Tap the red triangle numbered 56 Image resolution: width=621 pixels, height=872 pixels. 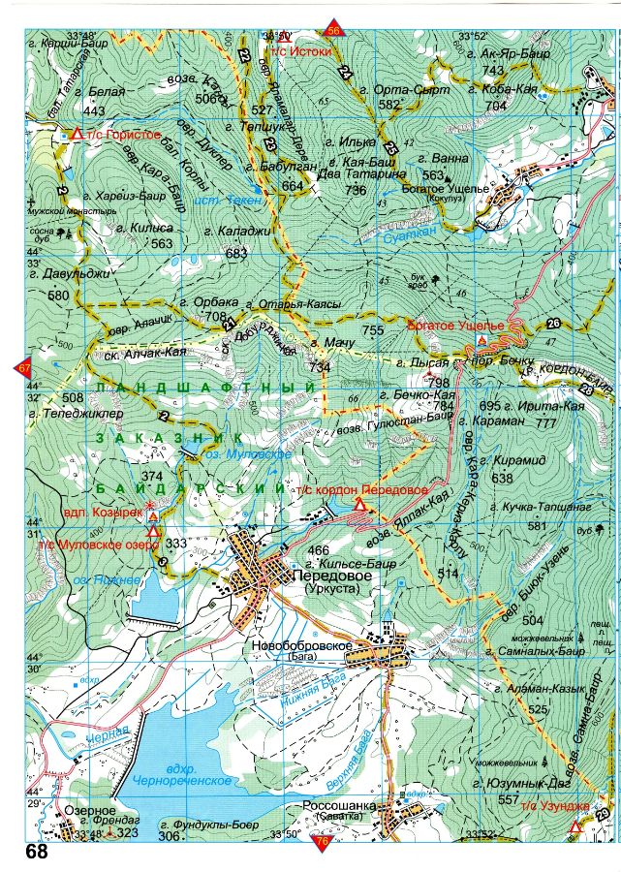[x=334, y=28]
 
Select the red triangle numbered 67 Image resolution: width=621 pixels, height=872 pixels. [x=23, y=368]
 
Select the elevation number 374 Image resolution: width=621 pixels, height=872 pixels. [x=151, y=477]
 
